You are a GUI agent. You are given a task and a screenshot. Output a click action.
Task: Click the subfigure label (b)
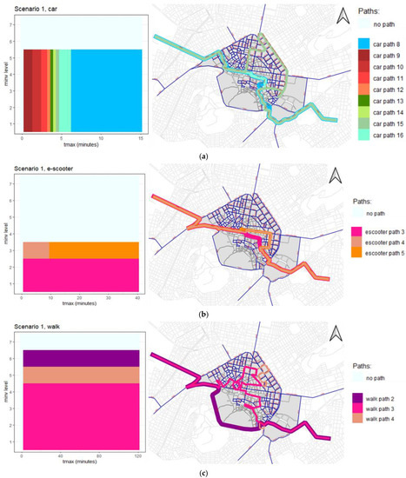[x=203, y=313]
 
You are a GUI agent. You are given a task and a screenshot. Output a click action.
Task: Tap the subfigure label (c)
[x=203, y=473]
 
